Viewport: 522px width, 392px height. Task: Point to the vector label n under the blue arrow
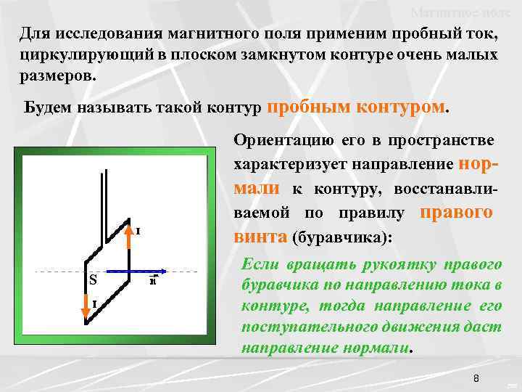pos(153,282)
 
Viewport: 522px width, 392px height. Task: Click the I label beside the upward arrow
pos(138,231)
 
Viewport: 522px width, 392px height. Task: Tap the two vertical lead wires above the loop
pos(106,196)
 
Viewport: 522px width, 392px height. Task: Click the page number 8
pos(476,378)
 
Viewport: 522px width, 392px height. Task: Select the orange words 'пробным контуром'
pos(357,107)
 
